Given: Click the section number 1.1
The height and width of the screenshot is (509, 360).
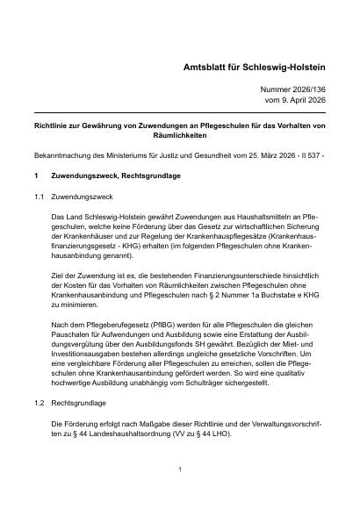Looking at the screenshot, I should [40, 197].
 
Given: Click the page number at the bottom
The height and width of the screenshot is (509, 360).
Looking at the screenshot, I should [179, 469].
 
